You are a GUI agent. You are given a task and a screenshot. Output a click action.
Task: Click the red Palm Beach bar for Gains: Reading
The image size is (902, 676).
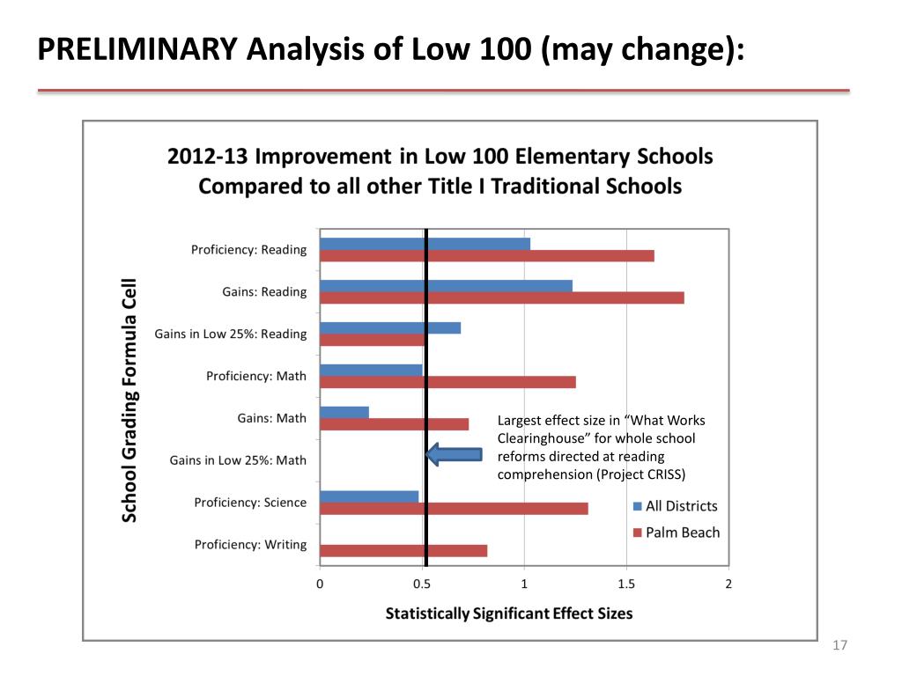coord(501,298)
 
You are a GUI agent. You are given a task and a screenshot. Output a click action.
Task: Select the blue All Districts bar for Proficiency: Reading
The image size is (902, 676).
coord(425,244)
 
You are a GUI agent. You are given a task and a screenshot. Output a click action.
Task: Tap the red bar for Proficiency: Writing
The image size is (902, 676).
coord(403,551)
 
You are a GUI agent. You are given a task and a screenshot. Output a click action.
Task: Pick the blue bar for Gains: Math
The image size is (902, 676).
coord(344,412)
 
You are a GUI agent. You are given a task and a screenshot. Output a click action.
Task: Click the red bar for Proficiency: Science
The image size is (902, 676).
coord(453,509)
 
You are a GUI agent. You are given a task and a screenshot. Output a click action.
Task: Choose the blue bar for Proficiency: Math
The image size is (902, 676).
coord(371,370)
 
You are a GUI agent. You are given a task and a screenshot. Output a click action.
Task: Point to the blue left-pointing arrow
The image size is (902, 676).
coord(455,454)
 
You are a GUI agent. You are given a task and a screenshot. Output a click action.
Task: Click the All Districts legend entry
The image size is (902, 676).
coord(675,506)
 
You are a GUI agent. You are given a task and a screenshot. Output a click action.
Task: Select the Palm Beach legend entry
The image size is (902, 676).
coord(676,533)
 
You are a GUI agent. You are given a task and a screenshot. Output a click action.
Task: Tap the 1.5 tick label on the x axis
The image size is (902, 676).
coord(626,584)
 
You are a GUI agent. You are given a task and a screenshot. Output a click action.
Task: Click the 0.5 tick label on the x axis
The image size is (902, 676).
coord(422,584)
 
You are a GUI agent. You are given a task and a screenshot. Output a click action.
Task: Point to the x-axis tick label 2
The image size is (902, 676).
coord(728,584)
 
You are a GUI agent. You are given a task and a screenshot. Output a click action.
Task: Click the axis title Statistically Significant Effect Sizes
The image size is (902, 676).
coord(508,614)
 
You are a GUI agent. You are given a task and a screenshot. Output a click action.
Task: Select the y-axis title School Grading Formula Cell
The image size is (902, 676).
coord(129,400)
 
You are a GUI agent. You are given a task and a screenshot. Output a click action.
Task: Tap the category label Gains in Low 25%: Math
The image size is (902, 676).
coord(238,460)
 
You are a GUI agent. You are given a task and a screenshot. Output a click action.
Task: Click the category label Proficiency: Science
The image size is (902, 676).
coord(250,503)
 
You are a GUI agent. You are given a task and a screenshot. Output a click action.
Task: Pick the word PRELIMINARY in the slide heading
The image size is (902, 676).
coord(137,49)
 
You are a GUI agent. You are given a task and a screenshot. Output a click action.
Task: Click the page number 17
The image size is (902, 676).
coord(839,647)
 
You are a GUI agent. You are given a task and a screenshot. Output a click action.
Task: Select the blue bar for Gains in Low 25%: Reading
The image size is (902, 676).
coord(389,328)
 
